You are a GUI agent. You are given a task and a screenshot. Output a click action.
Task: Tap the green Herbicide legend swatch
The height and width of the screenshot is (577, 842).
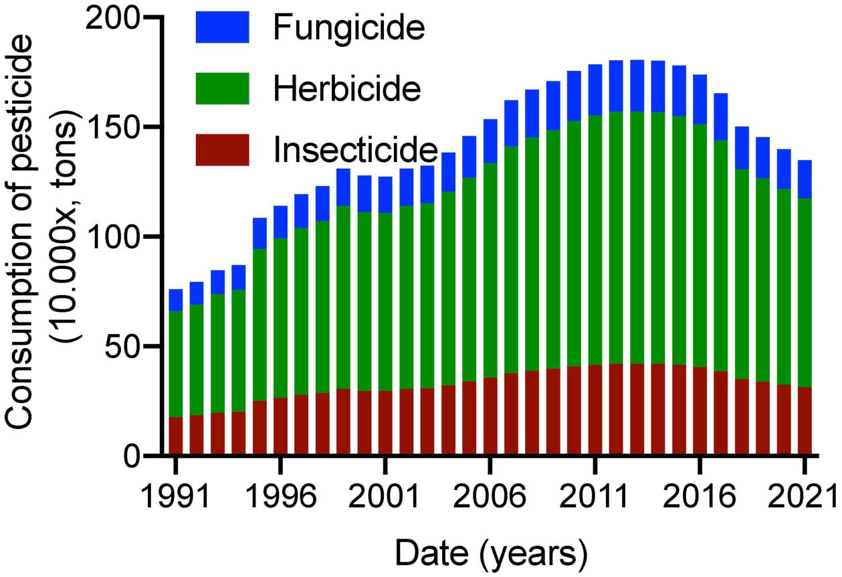coord(222,88)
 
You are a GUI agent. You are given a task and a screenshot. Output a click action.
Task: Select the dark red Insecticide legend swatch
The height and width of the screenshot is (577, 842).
coord(222,149)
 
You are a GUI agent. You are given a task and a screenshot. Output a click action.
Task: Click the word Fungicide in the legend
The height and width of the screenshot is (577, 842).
coord(349,28)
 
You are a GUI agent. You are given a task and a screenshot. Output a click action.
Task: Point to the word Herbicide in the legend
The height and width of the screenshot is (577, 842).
coord(347,88)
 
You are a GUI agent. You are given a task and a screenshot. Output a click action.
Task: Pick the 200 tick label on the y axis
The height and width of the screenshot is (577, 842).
coord(118,17)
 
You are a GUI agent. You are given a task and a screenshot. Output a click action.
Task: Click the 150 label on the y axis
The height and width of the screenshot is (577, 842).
coord(118,127)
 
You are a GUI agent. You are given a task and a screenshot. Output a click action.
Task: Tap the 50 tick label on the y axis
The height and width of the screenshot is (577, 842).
coord(127,347)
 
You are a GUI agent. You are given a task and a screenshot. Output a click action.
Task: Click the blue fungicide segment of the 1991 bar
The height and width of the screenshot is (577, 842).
coord(176,300)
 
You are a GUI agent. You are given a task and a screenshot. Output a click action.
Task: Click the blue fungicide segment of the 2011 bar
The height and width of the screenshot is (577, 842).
coord(595,90)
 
